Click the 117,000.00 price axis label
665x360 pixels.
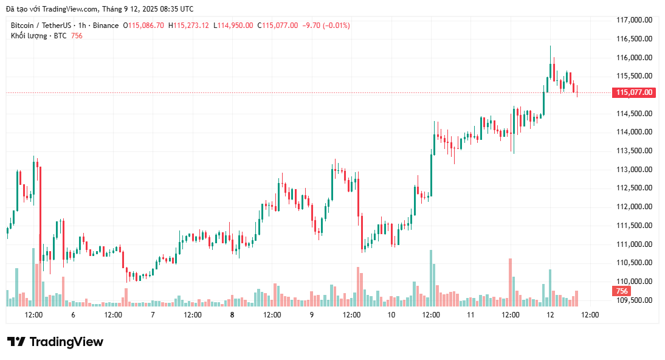pyautogui.click(x=634, y=20)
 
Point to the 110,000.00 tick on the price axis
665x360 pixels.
pyautogui.click(x=634, y=282)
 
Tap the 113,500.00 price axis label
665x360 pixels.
pyautogui.click(x=634, y=151)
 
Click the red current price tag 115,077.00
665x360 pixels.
pyautogui.click(x=634, y=93)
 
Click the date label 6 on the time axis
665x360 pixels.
pyautogui.click(x=73, y=315)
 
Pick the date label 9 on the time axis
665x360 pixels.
pyautogui.click(x=312, y=315)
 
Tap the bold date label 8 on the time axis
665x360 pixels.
pyautogui.click(x=232, y=315)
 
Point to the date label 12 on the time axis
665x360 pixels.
pyautogui.click(x=550, y=315)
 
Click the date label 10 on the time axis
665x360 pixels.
pyautogui.click(x=391, y=315)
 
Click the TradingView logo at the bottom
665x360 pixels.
pyautogui.click(x=55, y=342)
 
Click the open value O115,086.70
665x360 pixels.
pyautogui.click(x=143, y=26)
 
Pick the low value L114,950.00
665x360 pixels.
pyautogui.click(x=233, y=26)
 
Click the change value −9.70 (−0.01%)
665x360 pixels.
pyautogui.click(x=328, y=26)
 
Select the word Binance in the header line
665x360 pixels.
pyautogui.click(x=106, y=26)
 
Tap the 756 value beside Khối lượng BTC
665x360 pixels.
pyautogui.click(x=77, y=36)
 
